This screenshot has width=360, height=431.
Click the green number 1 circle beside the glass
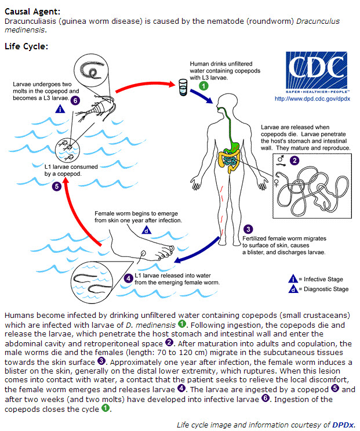click(203, 86)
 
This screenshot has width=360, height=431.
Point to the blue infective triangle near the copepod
click(60, 109)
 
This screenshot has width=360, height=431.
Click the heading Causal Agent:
click(32, 12)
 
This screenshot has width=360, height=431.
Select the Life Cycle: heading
click(26, 46)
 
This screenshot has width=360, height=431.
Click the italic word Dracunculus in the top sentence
click(318, 21)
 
